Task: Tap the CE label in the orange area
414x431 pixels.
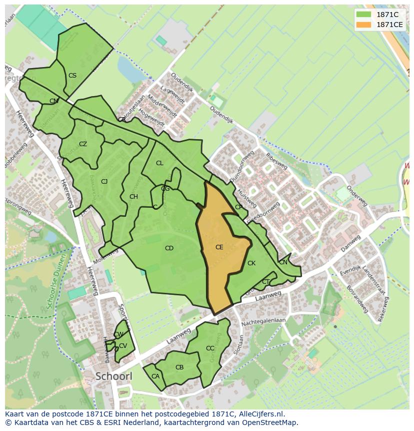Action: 219,247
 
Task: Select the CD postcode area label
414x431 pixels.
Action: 169,248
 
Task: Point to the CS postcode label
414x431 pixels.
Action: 72,76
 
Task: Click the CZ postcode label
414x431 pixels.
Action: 83,144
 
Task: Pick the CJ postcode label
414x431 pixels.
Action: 104,182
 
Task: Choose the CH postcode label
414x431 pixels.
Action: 133,197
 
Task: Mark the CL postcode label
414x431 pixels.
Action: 159,163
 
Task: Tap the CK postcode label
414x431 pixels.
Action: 251,263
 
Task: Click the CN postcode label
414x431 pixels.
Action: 283,262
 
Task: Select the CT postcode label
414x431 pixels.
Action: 265,282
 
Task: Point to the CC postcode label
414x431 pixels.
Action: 210,348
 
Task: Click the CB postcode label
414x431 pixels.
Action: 179,367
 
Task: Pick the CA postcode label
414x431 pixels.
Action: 155,376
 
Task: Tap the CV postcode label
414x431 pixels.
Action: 123,346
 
